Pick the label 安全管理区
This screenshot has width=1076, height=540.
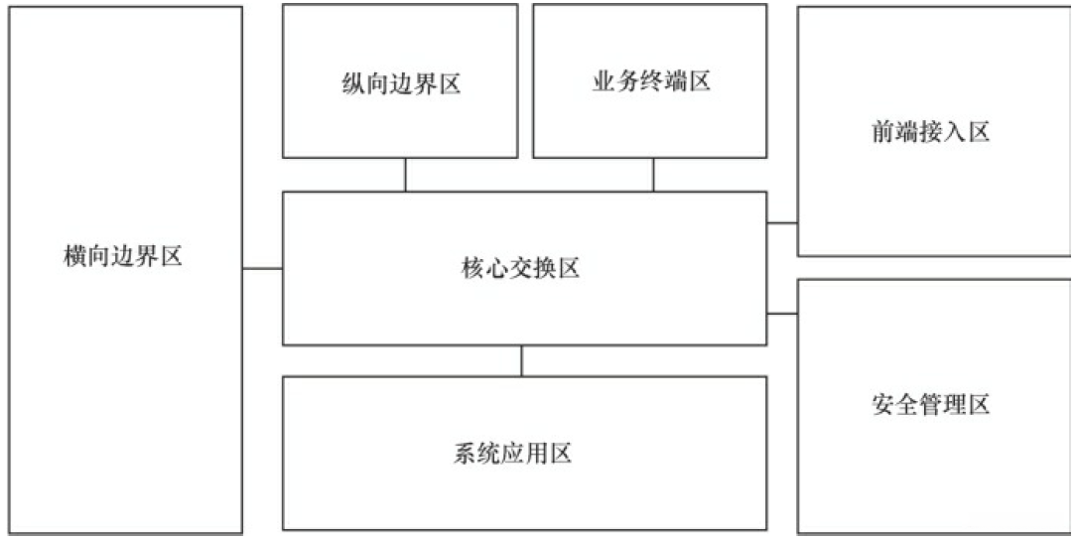(x=930, y=405)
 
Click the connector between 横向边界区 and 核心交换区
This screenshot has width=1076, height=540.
(x=263, y=268)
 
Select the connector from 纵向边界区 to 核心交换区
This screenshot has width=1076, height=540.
(x=405, y=175)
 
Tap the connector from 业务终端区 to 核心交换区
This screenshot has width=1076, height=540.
(x=653, y=175)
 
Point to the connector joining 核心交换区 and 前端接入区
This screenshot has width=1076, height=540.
(x=782, y=223)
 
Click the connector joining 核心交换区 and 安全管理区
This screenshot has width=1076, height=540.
(x=782, y=314)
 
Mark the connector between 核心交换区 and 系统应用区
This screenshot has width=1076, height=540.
(x=522, y=360)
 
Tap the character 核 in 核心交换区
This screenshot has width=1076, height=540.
(x=473, y=268)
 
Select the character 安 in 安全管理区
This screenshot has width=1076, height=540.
(x=882, y=405)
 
